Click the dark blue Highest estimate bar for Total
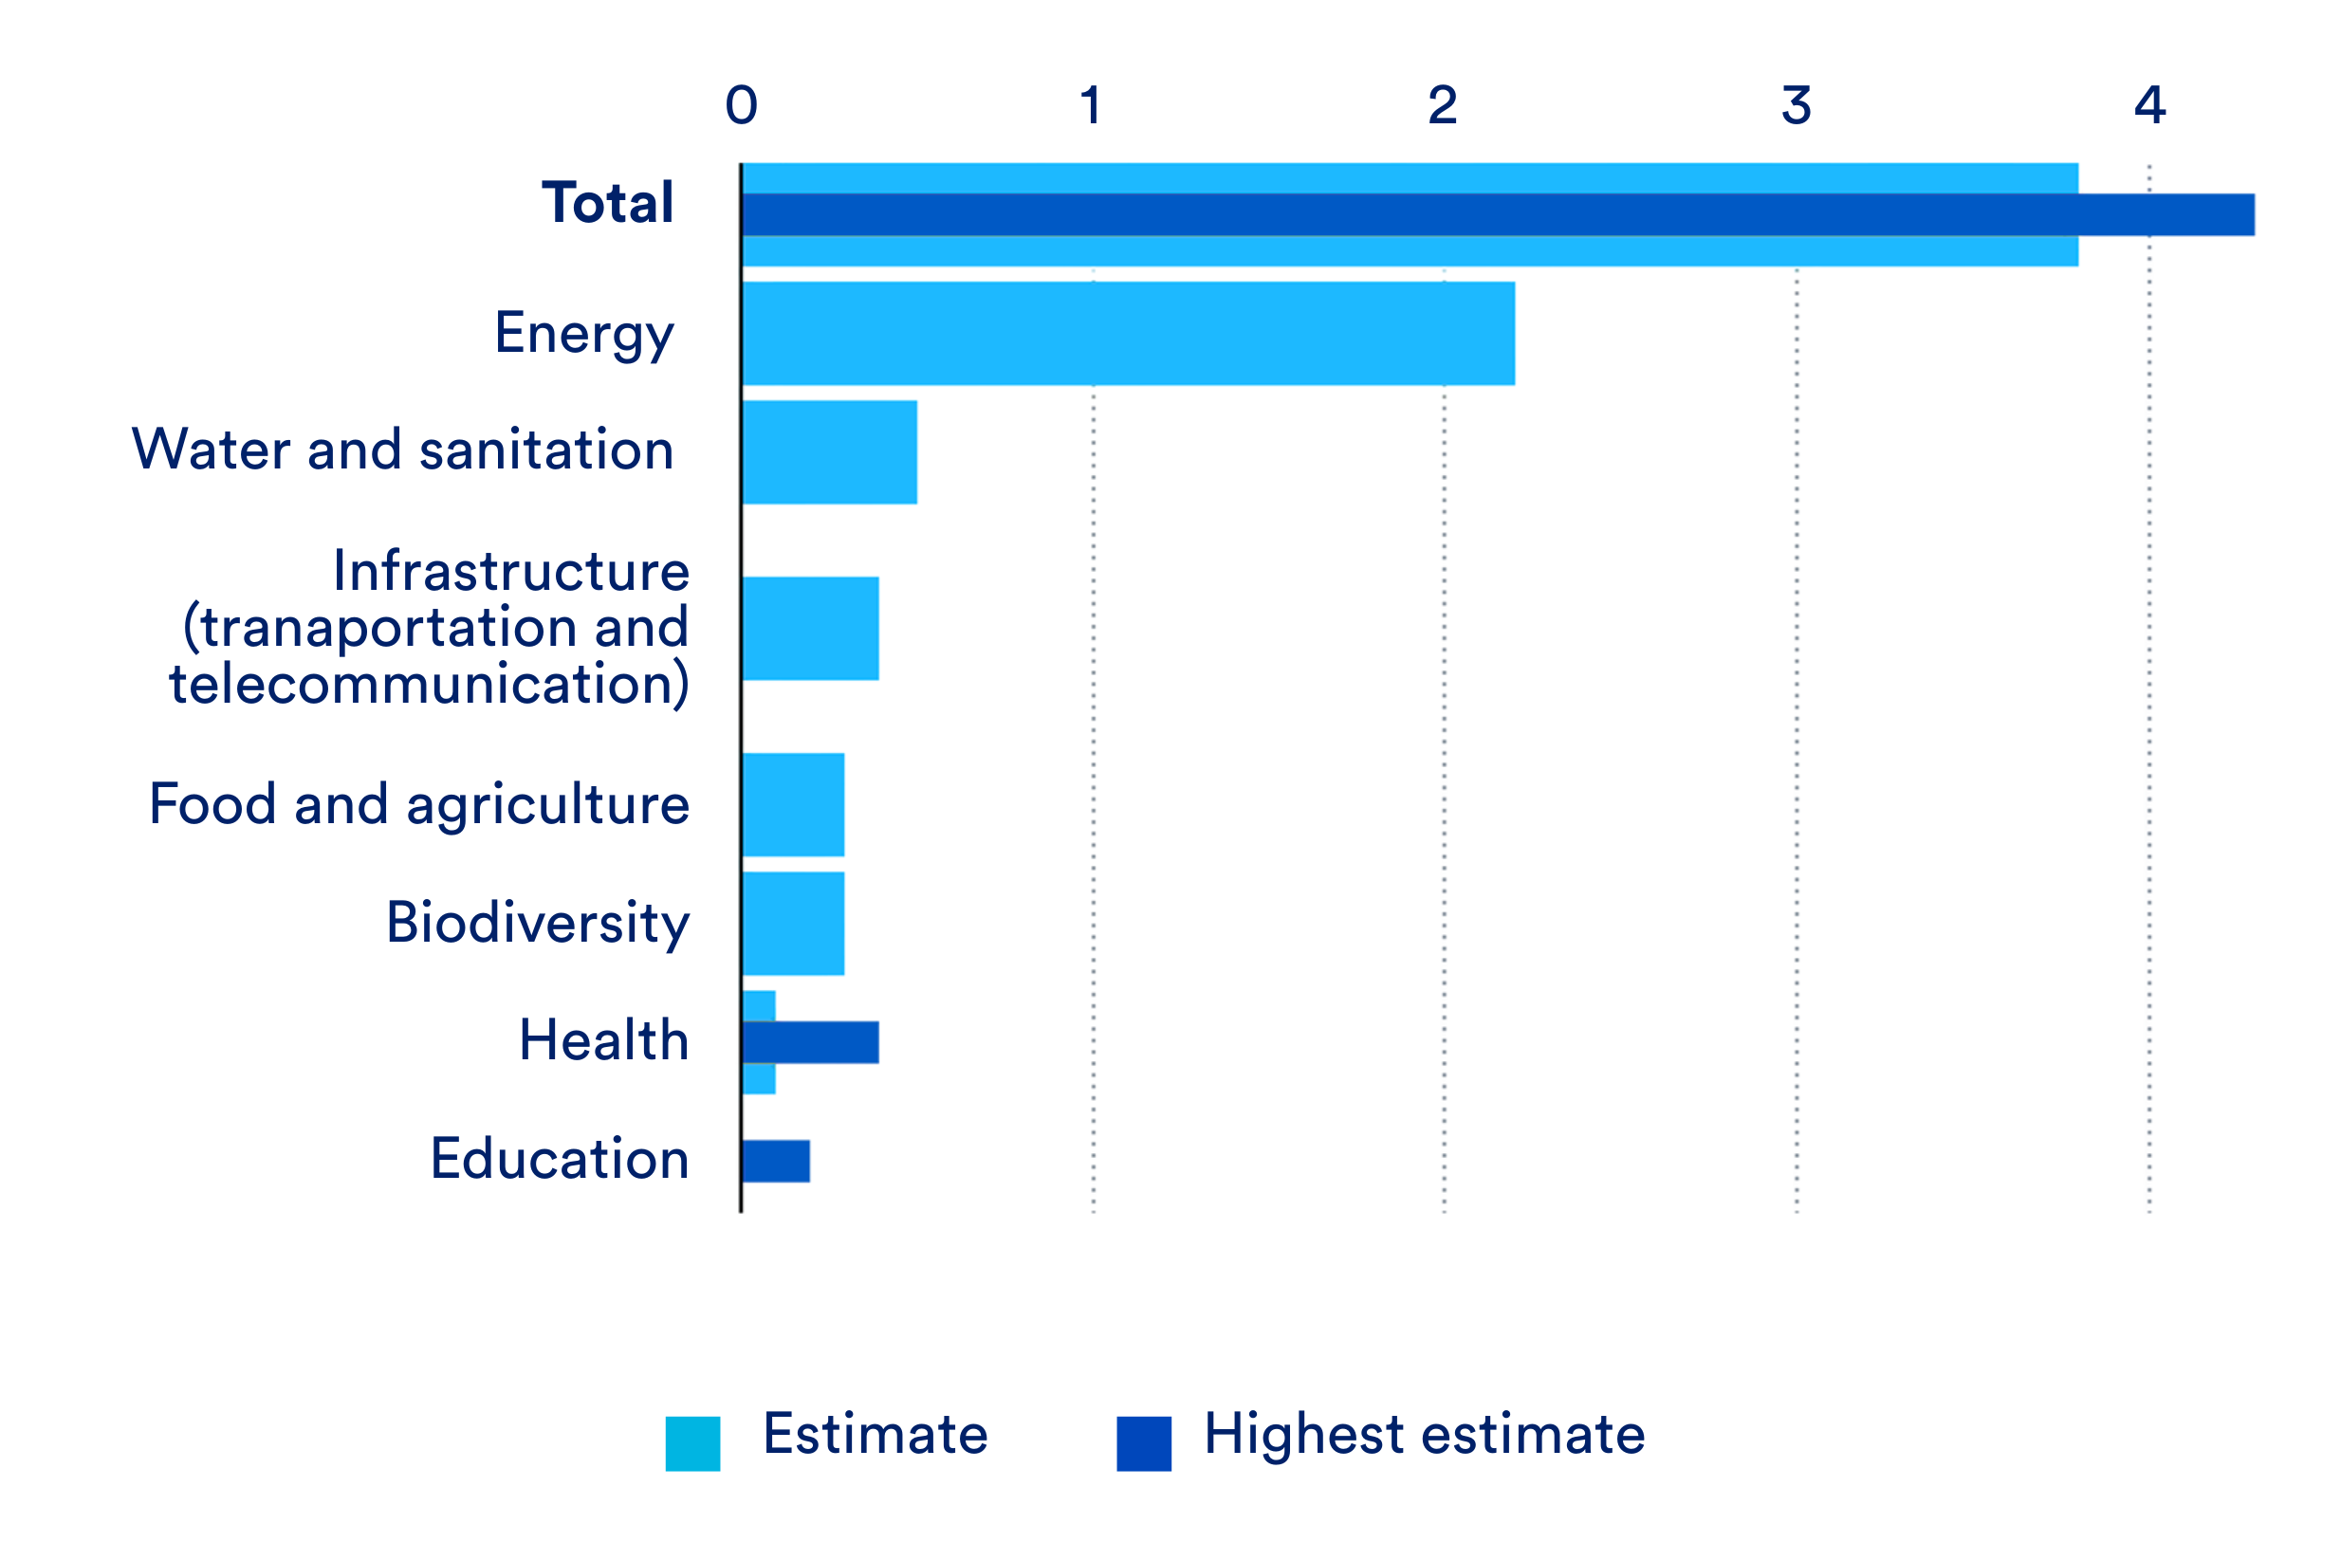pyautogui.click(x=1492, y=215)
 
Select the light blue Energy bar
pyautogui.click(x=1127, y=333)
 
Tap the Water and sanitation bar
pyautogui.click(x=829, y=451)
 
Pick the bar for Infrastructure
pyautogui.click(x=810, y=629)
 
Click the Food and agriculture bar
pyautogui.click(x=793, y=805)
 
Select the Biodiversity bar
pyautogui.click(x=793, y=924)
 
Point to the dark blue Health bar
pyautogui.click(x=810, y=1042)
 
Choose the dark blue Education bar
pyautogui.click(x=776, y=1161)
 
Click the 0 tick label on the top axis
pyautogui.click(x=741, y=105)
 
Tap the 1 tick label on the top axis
pyautogui.click(x=1092, y=105)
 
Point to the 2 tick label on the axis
pyautogui.click(x=1443, y=105)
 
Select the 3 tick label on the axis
pyautogui.click(x=1796, y=105)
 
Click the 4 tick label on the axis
pyautogui.click(x=2149, y=105)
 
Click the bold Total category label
pyautogui.click(x=607, y=203)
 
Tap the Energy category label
pyautogui.click(x=584, y=334)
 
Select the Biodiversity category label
pyautogui.click(x=537, y=924)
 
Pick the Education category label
pyautogui.click(x=559, y=1159)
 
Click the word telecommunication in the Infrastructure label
pyautogui.click(x=429, y=685)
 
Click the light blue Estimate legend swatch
pyautogui.click(x=692, y=1443)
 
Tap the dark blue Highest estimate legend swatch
pyautogui.click(x=1143, y=1443)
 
